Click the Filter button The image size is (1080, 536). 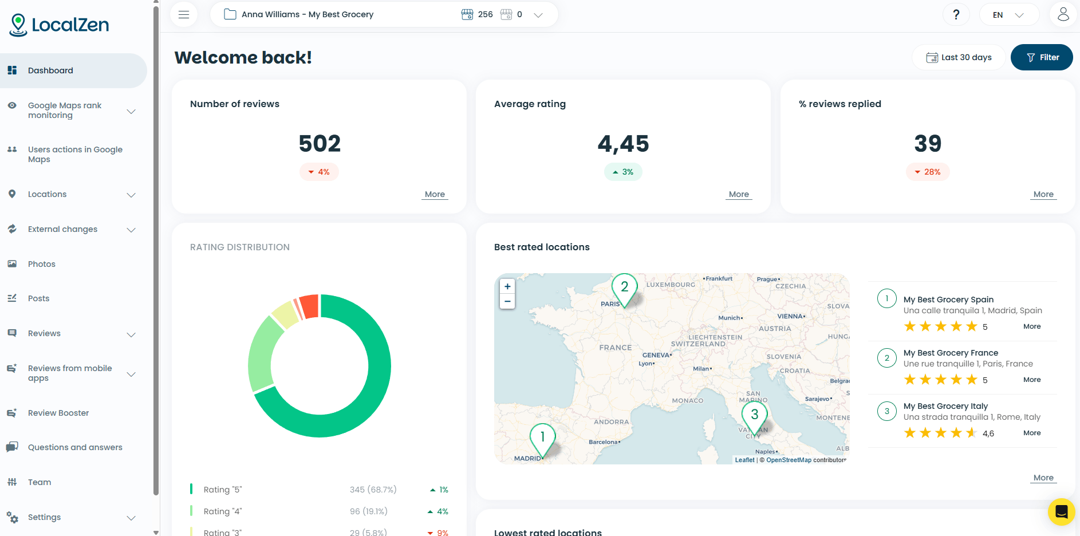point(1042,57)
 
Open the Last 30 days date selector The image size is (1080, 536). point(959,57)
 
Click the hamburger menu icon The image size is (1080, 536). point(184,15)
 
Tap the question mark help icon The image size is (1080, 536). point(956,15)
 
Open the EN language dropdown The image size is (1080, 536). point(1008,15)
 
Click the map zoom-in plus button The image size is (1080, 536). point(507,286)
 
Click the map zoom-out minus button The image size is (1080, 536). point(507,301)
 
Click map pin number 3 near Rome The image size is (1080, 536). point(754,415)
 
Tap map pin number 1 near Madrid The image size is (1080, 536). point(542,438)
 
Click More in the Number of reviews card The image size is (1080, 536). point(435,194)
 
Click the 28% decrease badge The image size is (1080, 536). point(928,172)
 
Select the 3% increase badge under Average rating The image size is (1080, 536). point(623,172)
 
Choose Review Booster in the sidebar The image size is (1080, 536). point(58,413)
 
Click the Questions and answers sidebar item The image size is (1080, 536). point(75,447)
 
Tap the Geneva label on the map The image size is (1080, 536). point(656,355)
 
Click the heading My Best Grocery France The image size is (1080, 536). point(951,353)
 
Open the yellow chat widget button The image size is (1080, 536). point(1061,511)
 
